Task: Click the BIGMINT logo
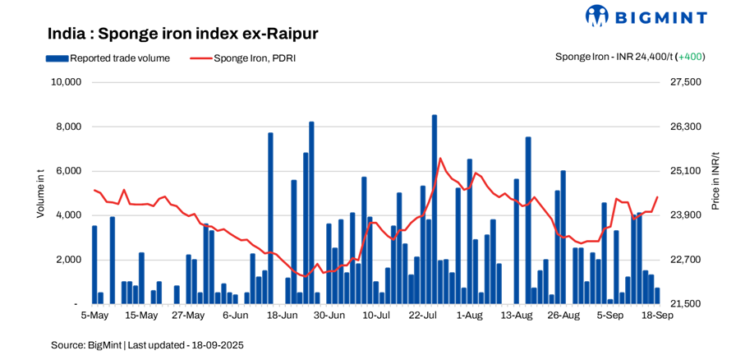pos(646,16)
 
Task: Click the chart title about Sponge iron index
pos(182,34)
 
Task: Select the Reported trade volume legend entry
pos(108,58)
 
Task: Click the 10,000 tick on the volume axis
pos(66,82)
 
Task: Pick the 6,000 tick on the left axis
pos(68,171)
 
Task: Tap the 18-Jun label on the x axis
pos(283,315)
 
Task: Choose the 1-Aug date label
pos(470,315)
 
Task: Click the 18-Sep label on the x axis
pos(657,315)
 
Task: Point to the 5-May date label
pos(94,315)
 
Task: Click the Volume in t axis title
pos(39,192)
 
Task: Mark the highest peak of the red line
pos(440,158)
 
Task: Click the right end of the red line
pos(657,196)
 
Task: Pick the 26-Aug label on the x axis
pos(563,315)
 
